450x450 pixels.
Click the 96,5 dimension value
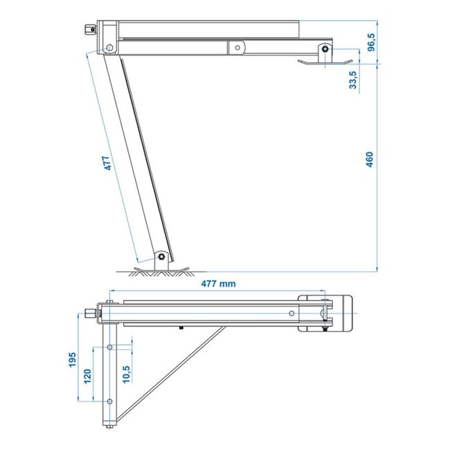tap(371, 42)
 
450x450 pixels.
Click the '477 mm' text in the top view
tap(219, 284)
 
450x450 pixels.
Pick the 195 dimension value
tap(73, 359)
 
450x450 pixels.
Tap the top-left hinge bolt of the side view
tap(109, 48)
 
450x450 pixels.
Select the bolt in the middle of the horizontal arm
tap(237, 48)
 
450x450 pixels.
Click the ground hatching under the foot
tap(161, 272)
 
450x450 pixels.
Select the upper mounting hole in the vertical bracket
tap(109, 346)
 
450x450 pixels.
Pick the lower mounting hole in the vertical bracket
tap(109, 402)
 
